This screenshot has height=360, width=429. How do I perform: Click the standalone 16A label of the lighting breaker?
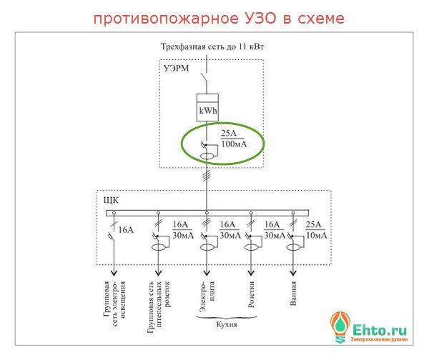[127, 230]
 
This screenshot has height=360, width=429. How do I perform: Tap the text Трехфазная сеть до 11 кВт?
[207, 46]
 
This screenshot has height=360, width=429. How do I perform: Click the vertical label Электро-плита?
[207, 294]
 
